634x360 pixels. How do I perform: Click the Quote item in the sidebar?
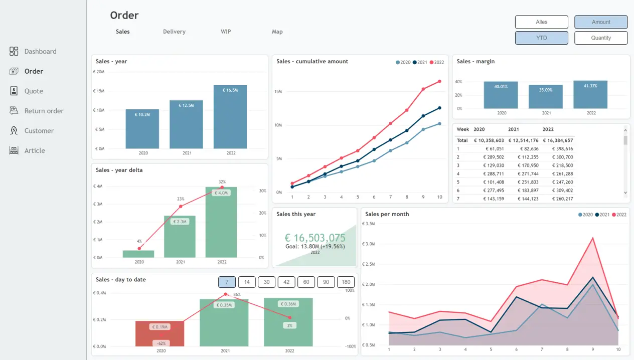[x=34, y=91]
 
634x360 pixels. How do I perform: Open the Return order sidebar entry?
[x=44, y=111]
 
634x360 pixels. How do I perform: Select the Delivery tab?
[x=174, y=32]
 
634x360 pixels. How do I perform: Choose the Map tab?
[x=277, y=32]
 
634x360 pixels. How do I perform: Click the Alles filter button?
[x=541, y=22]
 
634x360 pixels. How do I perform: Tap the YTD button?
[x=541, y=38]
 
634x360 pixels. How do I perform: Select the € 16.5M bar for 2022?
[x=230, y=117]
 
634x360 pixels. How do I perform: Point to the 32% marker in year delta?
[x=222, y=188]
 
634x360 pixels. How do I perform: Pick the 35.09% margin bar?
[x=546, y=97]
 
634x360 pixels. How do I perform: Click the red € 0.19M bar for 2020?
[x=160, y=333]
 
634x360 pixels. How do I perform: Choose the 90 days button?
[x=326, y=282]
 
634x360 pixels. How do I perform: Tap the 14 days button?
[x=247, y=282]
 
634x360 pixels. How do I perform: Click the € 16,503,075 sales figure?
[x=315, y=238]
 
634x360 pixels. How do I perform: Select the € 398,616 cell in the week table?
[x=561, y=149]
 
